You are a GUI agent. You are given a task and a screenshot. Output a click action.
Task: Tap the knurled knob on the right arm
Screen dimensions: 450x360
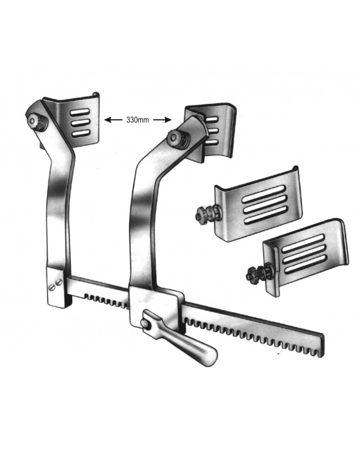click(176, 138)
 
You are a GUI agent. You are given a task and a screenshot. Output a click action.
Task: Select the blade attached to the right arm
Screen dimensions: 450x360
click(210, 131)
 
